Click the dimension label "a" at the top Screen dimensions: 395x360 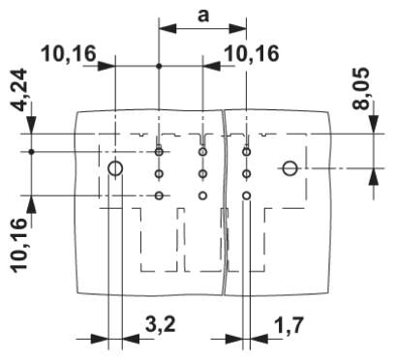coord(203,15)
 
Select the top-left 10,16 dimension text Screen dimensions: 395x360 coord(69,53)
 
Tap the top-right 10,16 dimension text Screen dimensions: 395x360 coord(252,53)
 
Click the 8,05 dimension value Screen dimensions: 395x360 coord(361,89)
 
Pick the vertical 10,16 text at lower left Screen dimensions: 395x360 coord(19,245)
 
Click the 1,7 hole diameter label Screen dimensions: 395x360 coord(289,325)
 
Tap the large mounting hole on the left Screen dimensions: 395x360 coord(115,168)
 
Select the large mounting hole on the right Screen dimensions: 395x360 coord(290,168)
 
